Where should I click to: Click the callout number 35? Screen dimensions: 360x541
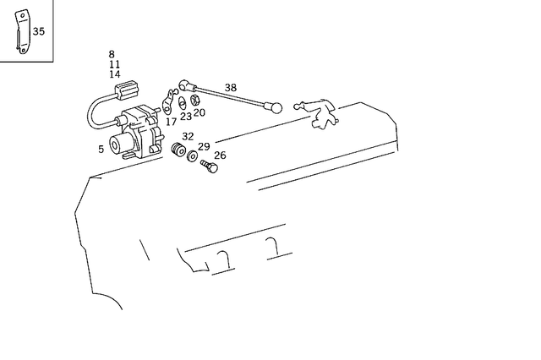click(39, 32)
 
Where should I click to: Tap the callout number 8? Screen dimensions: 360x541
click(112, 55)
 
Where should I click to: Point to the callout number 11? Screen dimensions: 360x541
click(114, 65)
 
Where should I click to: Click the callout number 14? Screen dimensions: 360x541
click(114, 74)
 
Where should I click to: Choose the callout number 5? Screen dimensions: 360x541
click(101, 150)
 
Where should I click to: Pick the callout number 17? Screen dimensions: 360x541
click(172, 122)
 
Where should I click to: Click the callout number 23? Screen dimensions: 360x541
click(185, 117)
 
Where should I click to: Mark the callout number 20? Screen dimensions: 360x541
click(199, 112)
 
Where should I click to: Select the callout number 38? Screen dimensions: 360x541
click(231, 88)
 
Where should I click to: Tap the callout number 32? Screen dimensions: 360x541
click(188, 137)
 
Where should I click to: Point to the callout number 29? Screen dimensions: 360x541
click(204, 147)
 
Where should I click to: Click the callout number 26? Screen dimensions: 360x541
click(220, 155)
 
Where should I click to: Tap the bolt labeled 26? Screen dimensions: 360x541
click(209, 166)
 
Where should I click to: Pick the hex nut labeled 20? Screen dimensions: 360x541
click(194, 104)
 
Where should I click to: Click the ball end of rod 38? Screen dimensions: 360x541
click(276, 108)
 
